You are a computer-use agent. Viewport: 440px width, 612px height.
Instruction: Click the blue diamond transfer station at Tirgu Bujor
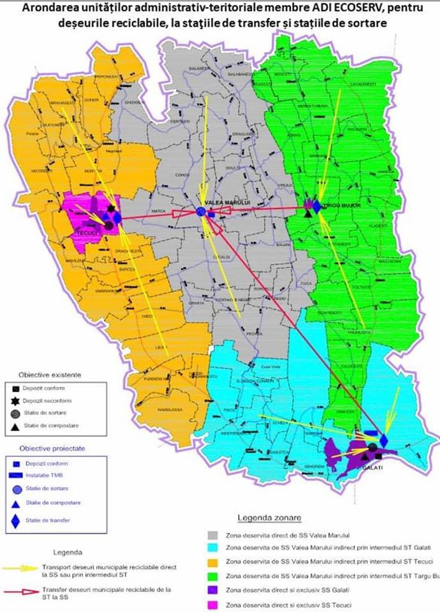(x=317, y=205)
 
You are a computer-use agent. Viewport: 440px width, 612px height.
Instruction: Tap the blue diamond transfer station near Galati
(x=383, y=440)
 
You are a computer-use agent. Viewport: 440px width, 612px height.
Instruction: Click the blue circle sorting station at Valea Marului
(x=201, y=212)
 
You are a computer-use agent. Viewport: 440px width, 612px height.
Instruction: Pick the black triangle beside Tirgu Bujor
(x=309, y=214)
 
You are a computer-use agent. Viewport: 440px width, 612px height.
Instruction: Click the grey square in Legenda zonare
(x=216, y=534)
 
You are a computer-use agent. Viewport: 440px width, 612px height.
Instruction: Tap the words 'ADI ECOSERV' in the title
(x=344, y=9)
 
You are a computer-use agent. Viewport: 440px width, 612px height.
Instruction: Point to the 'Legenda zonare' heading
(x=269, y=517)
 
